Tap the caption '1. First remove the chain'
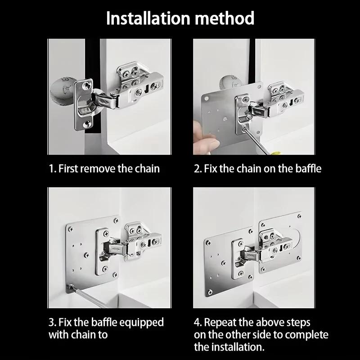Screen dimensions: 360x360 click(104, 169)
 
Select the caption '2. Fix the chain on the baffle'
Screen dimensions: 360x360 click(257, 169)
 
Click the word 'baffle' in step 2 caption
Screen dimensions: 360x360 click(309, 169)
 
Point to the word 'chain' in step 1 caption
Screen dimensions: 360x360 click(147, 169)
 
